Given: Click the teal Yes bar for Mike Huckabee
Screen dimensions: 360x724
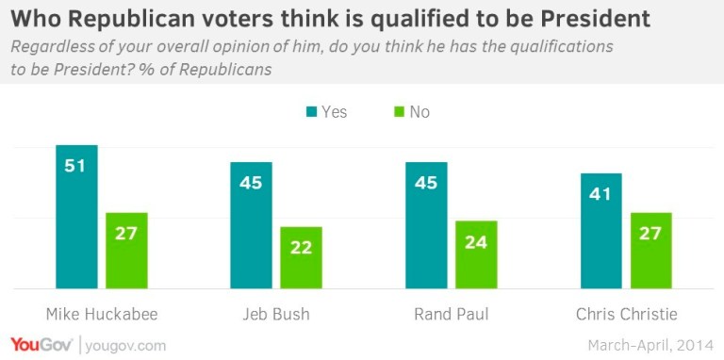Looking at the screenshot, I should [x=76, y=217].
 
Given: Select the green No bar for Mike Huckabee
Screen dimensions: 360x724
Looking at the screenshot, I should [x=126, y=251].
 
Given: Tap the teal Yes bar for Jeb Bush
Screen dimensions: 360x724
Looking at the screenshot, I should [x=251, y=225].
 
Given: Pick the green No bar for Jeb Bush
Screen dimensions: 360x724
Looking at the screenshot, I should [x=301, y=257].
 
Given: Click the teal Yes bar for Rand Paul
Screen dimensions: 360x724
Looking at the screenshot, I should [x=426, y=225].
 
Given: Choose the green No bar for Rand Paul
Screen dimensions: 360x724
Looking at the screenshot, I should [x=476, y=254].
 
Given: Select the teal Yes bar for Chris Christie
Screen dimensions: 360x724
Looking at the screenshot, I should [x=601, y=231].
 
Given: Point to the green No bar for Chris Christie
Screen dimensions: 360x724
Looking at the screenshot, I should [x=650, y=251].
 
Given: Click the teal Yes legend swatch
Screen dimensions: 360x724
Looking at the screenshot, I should [x=311, y=112].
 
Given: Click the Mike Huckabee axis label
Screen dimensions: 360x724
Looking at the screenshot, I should [x=101, y=314].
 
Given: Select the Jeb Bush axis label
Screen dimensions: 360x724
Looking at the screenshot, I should [x=275, y=314].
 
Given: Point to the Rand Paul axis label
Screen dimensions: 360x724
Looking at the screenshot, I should [x=451, y=314].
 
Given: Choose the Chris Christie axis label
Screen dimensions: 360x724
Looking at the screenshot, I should [x=626, y=314].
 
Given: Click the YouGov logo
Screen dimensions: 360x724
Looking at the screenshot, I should [x=41, y=344].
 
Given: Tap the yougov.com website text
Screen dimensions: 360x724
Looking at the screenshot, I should [x=125, y=345].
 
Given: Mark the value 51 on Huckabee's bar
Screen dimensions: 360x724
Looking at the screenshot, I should [x=76, y=166].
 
